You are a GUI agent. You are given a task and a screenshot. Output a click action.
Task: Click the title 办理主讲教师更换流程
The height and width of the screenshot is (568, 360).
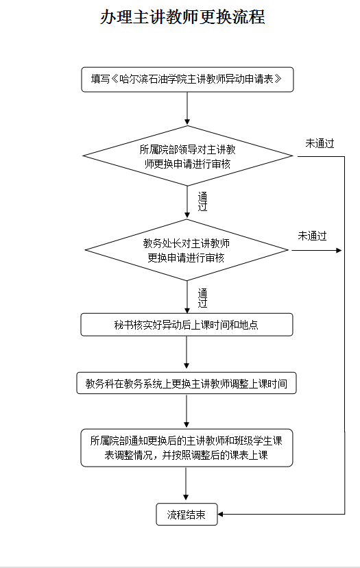[x=182, y=17]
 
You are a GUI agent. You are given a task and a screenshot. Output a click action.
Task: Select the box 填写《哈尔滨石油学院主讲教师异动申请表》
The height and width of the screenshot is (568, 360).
[x=187, y=79]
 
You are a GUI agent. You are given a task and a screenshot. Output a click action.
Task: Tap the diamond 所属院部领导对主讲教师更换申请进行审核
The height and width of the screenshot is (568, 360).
[x=187, y=156]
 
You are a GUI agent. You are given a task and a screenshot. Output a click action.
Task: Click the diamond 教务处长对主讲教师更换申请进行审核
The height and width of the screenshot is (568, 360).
[x=187, y=250]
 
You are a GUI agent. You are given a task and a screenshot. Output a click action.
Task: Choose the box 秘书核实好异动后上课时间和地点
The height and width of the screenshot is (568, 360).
[x=187, y=325]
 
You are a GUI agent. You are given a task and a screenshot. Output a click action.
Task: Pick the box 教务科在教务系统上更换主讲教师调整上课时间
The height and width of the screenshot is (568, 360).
[x=187, y=383]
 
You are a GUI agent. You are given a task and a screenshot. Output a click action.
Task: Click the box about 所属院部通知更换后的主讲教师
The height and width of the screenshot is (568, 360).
[x=187, y=447]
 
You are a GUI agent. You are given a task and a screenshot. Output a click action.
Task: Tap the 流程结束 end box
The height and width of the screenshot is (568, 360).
[x=187, y=514]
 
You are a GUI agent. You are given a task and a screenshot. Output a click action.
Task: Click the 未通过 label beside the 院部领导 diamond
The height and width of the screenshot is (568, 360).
[x=320, y=143]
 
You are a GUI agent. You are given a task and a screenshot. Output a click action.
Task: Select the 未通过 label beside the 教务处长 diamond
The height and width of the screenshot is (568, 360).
[x=312, y=236]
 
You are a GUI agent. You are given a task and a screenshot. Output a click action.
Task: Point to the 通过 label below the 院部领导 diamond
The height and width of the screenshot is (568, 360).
[x=202, y=201]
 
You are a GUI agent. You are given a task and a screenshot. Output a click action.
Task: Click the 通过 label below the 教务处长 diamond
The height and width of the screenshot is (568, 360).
[x=202, y=298]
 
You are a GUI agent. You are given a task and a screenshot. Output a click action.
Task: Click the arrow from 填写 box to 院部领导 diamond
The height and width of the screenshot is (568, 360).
[x=187, y=109]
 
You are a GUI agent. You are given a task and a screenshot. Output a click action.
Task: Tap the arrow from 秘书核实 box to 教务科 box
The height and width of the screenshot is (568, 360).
[x=187, y=352]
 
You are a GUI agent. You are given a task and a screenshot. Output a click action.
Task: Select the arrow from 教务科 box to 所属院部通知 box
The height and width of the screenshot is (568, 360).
[x=187, y=411]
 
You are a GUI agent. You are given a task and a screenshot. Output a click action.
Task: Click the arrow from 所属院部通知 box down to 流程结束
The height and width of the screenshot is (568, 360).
[x=186, y=484]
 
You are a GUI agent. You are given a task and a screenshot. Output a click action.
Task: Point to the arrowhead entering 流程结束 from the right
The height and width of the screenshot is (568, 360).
[x=220, y=514]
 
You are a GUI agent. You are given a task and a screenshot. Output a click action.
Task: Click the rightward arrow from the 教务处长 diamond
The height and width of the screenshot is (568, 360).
[x=317, y=250]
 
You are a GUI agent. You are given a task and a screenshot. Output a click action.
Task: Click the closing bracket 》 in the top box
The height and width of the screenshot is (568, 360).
[x=278, y=79]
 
